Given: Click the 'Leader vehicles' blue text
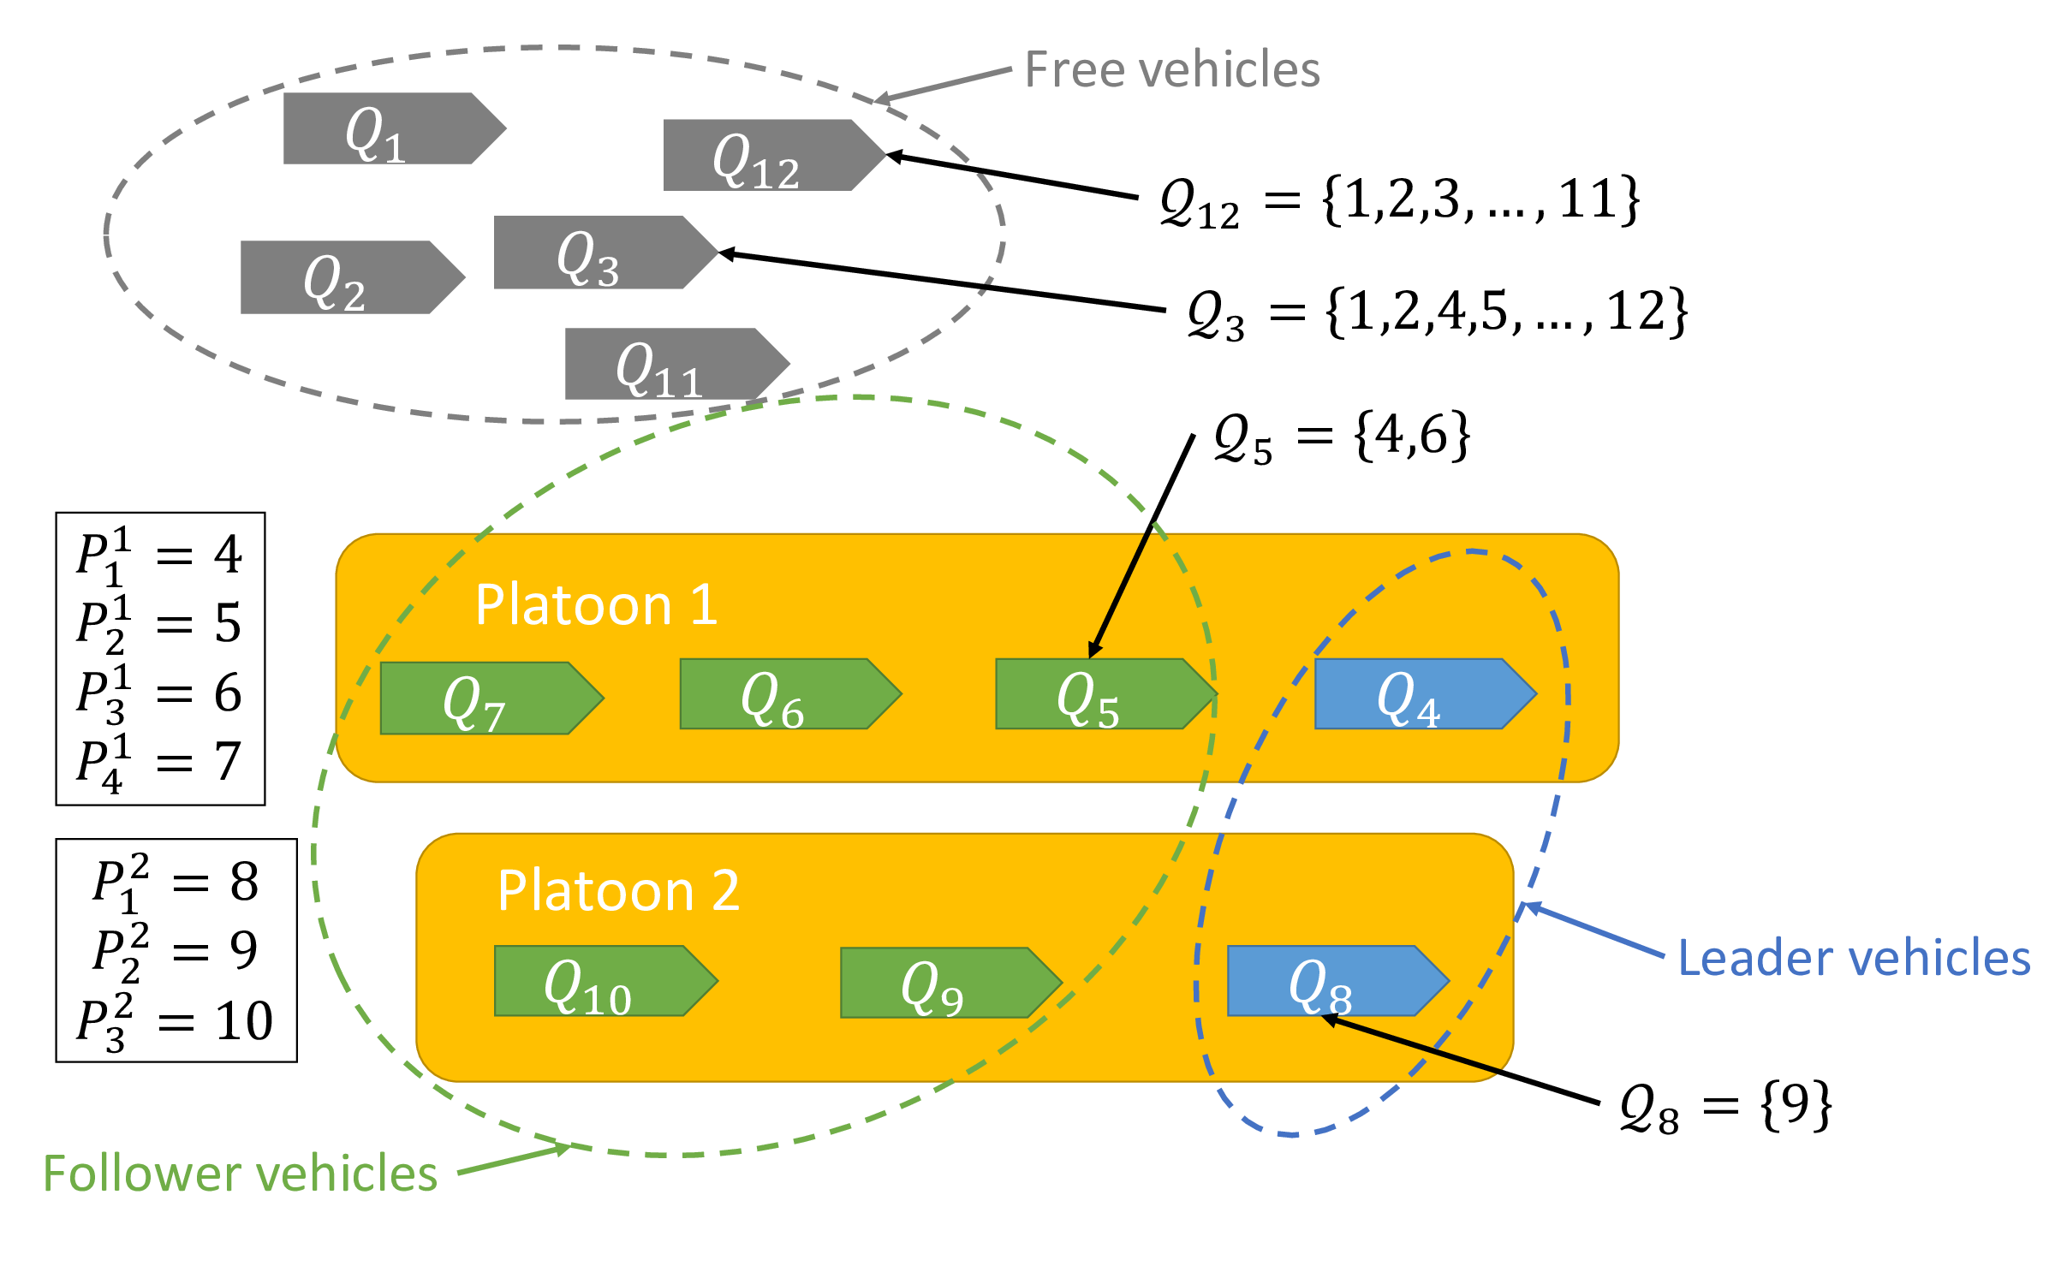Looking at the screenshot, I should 1853,958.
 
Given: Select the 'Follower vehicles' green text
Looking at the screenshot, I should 241,1174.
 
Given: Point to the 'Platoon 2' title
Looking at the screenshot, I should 618,891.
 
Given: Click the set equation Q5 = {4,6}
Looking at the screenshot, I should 1341,437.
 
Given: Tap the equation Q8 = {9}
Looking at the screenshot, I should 1724,1107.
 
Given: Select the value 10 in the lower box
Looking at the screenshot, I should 244,1021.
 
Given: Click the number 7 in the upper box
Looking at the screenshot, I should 228,761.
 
